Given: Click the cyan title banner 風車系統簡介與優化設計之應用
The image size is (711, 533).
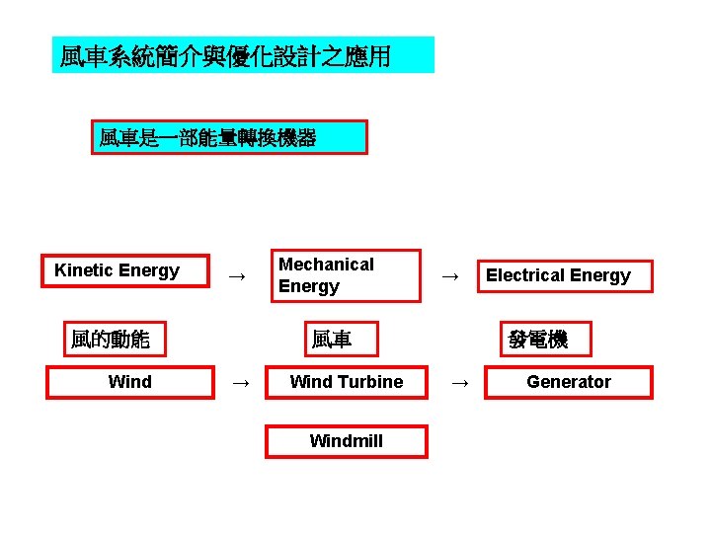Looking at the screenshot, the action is (x=242, y=55).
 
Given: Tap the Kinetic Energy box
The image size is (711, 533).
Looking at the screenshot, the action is (x=124, y=270).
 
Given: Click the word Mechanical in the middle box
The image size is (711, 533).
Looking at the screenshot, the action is (x=326, y=265).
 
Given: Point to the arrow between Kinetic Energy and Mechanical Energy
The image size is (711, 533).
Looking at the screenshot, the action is (x=236, y=276).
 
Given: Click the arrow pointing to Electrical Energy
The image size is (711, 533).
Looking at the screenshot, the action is (x=449, y=276).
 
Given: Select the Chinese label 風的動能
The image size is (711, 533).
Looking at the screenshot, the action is (x=111, y=341).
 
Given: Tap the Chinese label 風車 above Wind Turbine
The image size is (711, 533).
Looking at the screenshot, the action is (x=331, y=341).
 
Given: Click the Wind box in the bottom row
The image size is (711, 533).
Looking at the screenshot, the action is (x=130, y=382).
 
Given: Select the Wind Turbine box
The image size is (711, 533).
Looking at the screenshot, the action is (x=346, y=382).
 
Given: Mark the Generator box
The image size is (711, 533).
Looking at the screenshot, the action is (x=568, y=382).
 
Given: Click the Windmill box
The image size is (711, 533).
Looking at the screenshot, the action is (x=346, y=441).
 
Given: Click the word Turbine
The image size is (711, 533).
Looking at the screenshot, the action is (x=370, y=382).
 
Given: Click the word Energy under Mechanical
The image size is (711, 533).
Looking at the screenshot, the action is (x=308, y=286).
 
